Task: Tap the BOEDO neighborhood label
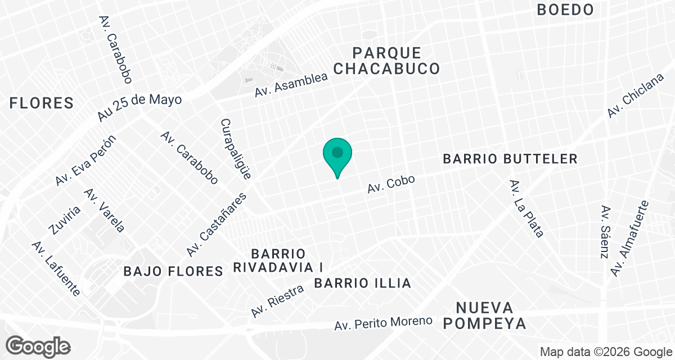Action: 565,10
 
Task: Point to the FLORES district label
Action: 42,103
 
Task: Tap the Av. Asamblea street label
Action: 291,84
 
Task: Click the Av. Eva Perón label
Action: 85,161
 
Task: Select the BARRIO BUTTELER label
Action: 510,159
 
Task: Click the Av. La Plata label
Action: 526,209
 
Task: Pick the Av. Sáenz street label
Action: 605,232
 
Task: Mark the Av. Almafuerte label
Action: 629,238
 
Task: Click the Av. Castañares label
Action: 217,224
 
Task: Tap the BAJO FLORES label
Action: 173,272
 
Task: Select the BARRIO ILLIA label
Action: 363,283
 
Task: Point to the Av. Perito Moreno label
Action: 384,323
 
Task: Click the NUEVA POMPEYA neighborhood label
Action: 491,316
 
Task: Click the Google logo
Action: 38,346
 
